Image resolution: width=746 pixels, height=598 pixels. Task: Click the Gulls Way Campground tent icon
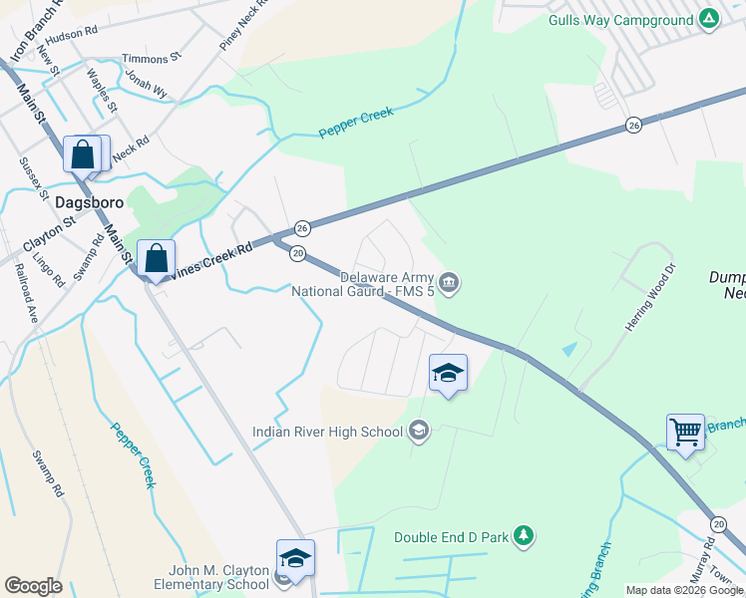tap(708, 20)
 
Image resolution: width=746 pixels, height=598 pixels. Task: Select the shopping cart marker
tap(685, 432)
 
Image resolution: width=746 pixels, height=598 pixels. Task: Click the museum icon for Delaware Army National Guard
tap(450, 284)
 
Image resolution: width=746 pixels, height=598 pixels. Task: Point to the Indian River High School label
tap(327, 432)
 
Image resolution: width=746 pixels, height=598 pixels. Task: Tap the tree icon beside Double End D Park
tap(523, 537)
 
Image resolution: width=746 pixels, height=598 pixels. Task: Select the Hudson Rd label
tap(71, 33)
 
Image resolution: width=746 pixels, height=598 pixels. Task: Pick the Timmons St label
tap(151, 59)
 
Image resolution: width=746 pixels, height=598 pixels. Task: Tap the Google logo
tap(33, 586)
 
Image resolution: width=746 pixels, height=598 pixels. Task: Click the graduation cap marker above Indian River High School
tap(447, 374)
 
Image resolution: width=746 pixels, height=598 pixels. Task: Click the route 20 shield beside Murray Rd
tap(718, 524)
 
